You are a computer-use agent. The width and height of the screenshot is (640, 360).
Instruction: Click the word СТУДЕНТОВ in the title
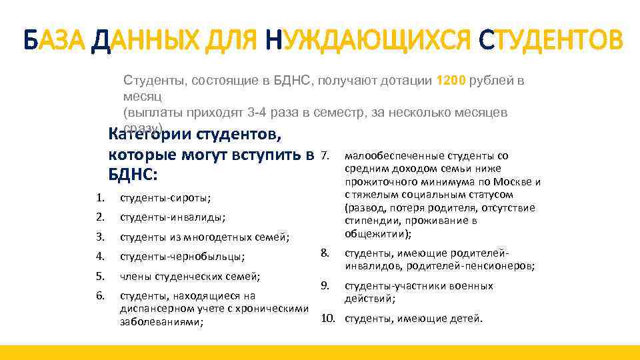tap(551, 41)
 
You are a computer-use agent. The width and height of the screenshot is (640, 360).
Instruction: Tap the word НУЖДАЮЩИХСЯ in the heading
tap(371, 41)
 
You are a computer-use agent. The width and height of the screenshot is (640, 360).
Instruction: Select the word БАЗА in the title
tap(53, 41)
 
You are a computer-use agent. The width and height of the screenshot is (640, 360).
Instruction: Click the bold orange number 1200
tap(451, 81)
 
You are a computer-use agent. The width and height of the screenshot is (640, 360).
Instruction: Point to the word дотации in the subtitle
tap(408, 81)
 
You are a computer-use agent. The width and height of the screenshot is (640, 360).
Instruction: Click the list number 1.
tap(99, 197)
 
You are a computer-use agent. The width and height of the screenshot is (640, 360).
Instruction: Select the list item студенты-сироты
tap(165, 197)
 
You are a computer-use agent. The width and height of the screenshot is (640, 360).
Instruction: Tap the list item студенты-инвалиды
tap(172, 217)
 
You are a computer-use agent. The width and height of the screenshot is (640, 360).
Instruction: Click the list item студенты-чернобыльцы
tap(182, 257)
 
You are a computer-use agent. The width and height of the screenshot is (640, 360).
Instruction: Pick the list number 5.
tap(100, 276)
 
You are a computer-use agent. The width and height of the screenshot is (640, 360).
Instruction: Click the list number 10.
tap(327, 318)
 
